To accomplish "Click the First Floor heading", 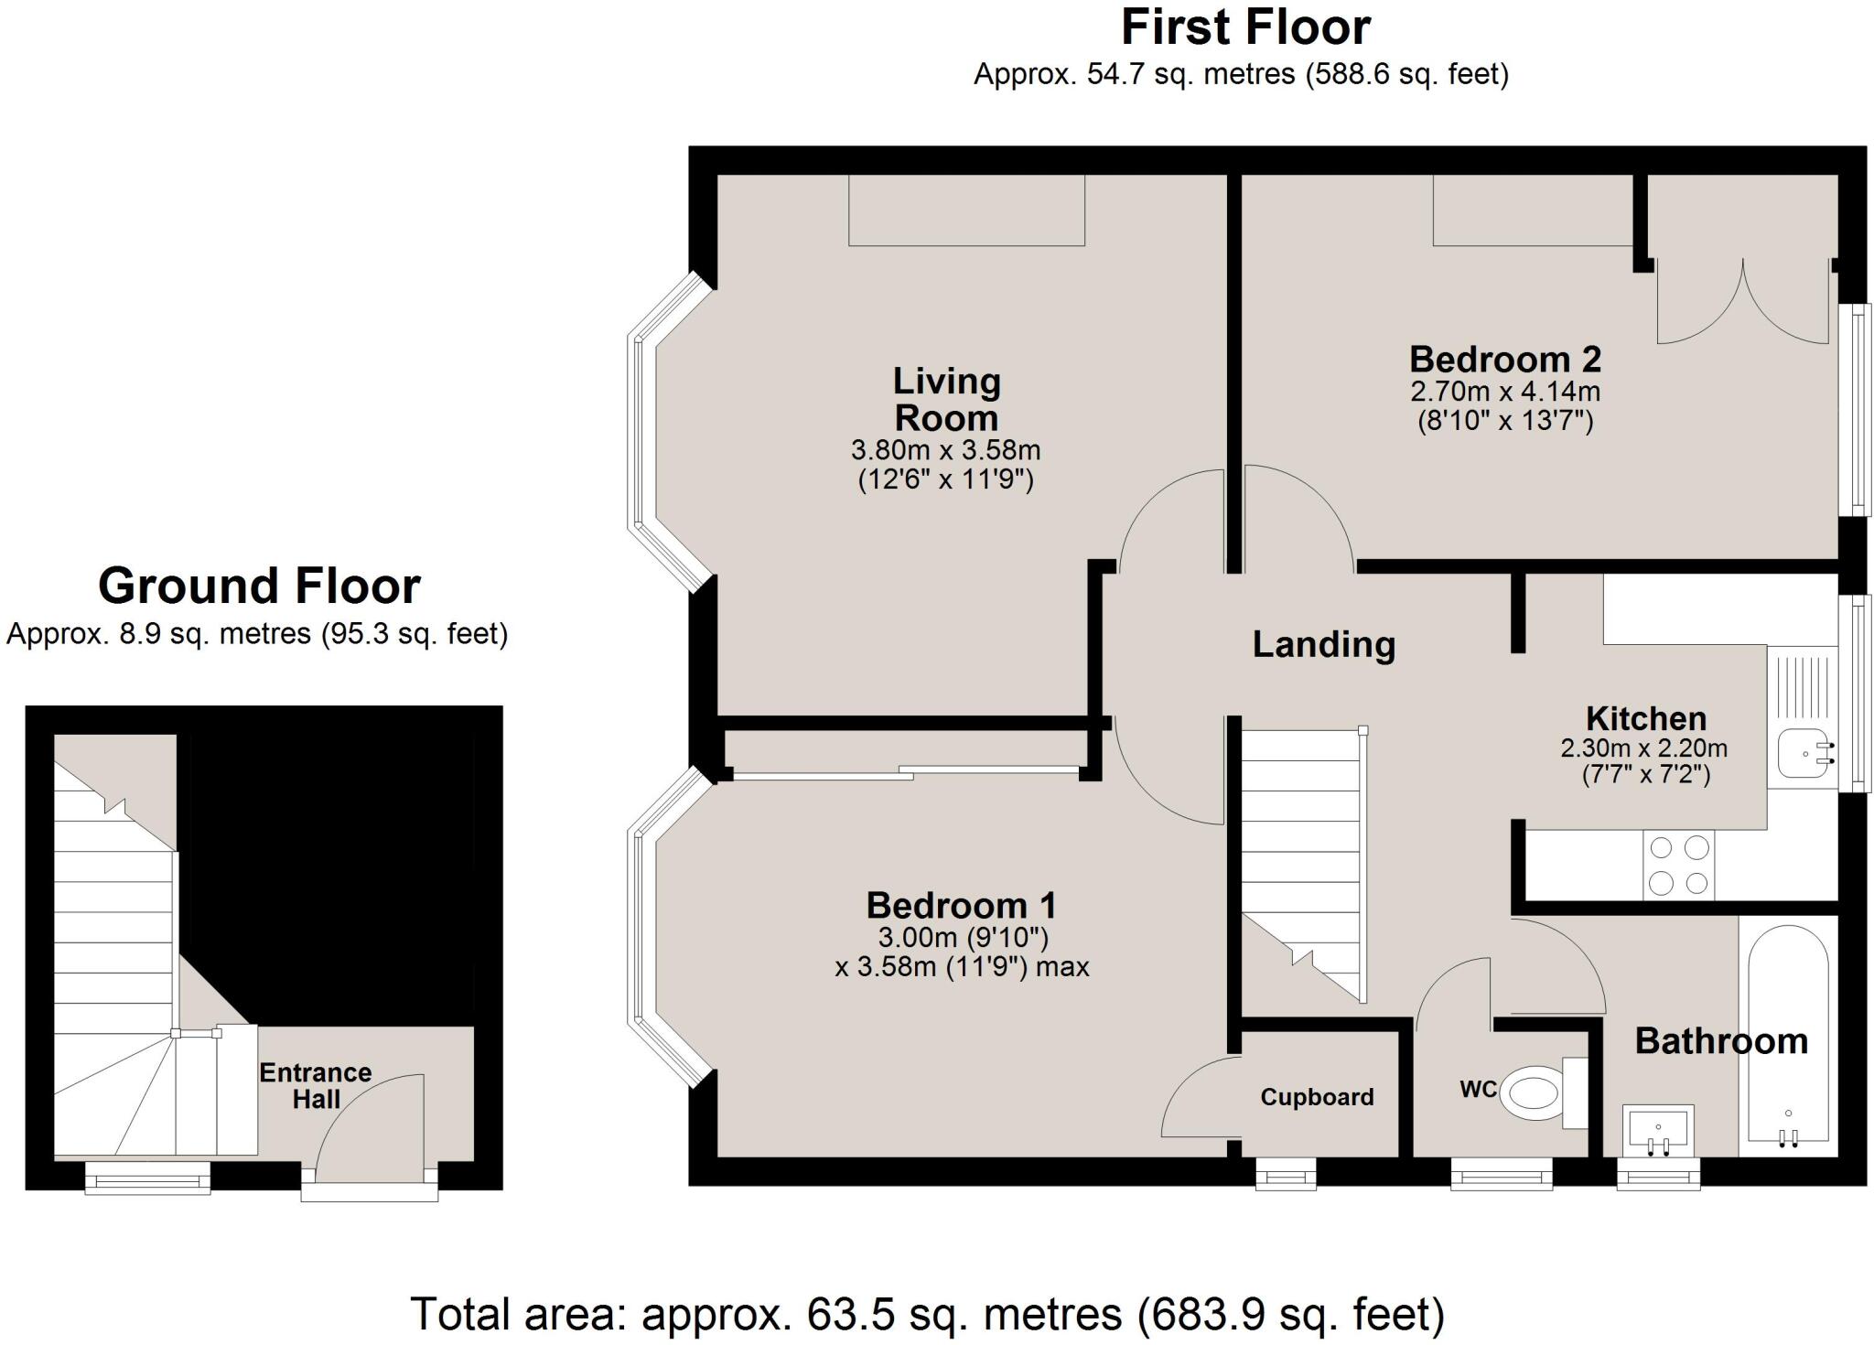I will pyautogui.click(x=1245, y=27).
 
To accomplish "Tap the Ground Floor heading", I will pyautogui.click(x=259, y=586).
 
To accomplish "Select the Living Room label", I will pyautogui.click(x=946, y=400).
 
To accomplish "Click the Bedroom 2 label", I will pyautogui.click(x=1504, y=360).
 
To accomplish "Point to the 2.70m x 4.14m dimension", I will pyautogui.click(x=1504, y=392).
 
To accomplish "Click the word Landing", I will pyautogui.click(x=1323, y=644).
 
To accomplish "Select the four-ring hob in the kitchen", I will pyautogui.click(x=1678, y=865).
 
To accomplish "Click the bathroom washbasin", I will pyautogui.click(x=1658, y=1132).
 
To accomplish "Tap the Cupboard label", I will pyautogui.click(x=1317, y=1097).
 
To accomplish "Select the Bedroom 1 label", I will pyautogui.click(x=961, y=906).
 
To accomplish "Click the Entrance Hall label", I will pyautogui.click(x=316, y=1085).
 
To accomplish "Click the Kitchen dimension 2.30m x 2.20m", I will pyautogui.click(x=1643, y=748).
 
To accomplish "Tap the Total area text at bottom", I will pyautogui.click(x=926, y=1314).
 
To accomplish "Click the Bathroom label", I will pyautogui.click(x=1720, y=1041).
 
